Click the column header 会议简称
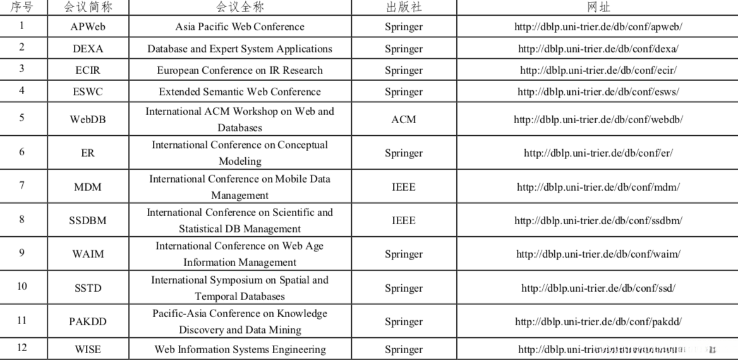(88, 8)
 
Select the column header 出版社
(404, 8)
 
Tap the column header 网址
(598, 8)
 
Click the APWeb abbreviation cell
(88, 27)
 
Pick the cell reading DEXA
(88, 49)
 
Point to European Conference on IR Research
(239, 70)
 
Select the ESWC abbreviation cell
(88, 92)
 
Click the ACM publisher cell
(404, 119)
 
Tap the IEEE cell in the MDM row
(404, 187)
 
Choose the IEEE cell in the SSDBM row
(404, 220)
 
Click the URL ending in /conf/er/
(598, 153)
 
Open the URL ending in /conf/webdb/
(598, 119)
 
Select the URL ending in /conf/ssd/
(598, 288)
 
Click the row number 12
(22, 348)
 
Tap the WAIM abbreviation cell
(88, 254)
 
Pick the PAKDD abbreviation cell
(88, 321)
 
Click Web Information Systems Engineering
(240, 349)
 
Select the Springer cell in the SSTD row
(404, 288)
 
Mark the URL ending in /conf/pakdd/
(598, 321)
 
